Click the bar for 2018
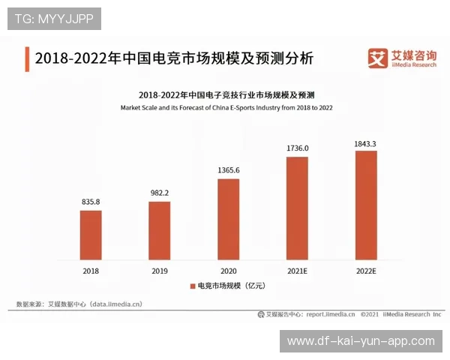[91, 235]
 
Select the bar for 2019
[159, 230]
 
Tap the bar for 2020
[228, 219]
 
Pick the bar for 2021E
[297, 208]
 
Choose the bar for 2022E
[365, 205]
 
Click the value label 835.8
[91, 202]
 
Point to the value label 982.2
[159, 193]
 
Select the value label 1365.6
[228, 170]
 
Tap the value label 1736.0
[297, 148]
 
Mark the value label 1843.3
[365, 142]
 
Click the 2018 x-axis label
[91, 270]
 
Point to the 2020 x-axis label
[228, 270]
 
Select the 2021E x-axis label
[297, 270]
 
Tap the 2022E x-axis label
[365, 270]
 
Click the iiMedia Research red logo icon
[376, 57]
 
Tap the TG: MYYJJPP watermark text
[54, 19]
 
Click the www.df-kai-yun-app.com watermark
[361, 341]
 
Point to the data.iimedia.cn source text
[115, 304]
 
